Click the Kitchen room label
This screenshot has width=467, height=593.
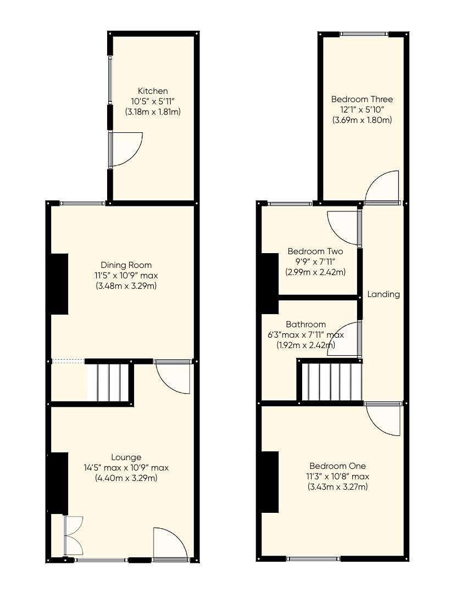click(153, 91)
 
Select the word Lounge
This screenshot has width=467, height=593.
click(126, 457)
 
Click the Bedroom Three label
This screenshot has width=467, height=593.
click(362, 99)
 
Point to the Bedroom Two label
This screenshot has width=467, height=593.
click(315, 251)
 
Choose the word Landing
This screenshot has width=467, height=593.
click(383, 294)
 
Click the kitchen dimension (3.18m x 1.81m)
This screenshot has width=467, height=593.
click(153, 111)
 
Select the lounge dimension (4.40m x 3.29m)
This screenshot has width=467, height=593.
click(126, 478)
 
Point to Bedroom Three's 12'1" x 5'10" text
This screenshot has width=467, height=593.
click(362, 110)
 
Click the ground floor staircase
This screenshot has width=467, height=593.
click(110, 382)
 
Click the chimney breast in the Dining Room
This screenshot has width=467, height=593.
click(59, 284)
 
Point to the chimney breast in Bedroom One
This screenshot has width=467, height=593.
click(270, 482)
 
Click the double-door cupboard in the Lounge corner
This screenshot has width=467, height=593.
click(74, 535)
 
